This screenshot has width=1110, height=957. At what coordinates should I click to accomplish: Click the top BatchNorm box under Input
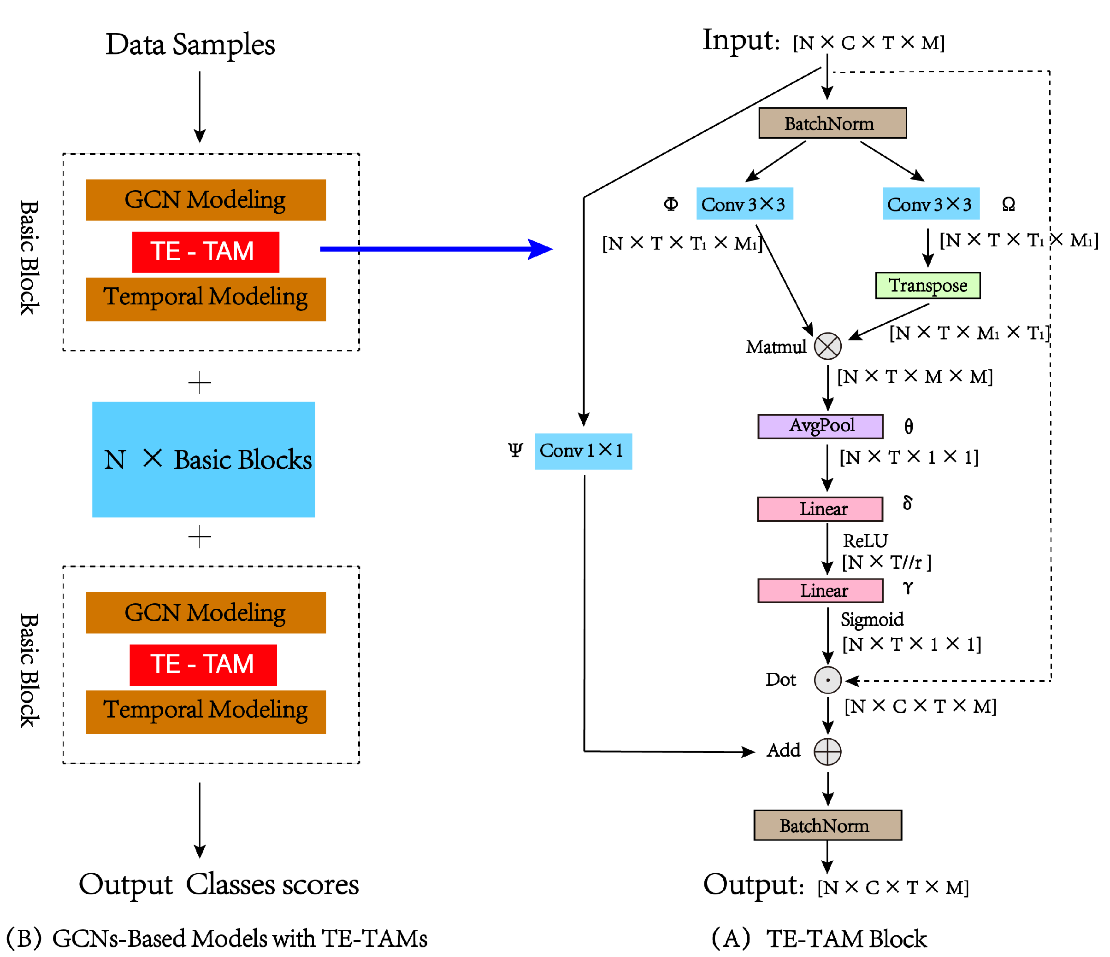832,123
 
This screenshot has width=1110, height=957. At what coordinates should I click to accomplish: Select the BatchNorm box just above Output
828,825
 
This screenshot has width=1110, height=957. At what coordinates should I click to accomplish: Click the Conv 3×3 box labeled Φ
744,204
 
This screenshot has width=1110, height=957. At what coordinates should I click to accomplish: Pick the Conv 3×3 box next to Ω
931,204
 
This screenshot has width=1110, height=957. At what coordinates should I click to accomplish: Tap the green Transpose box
928,285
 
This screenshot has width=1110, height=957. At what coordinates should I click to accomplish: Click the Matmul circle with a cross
828,346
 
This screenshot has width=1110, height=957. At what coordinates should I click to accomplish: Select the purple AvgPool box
820,426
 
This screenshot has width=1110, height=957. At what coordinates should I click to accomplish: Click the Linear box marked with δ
820,508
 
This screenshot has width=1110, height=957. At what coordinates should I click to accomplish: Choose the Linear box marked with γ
820,590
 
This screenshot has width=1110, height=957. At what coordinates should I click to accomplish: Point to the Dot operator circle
828,680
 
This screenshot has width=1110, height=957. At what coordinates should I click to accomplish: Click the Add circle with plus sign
828,752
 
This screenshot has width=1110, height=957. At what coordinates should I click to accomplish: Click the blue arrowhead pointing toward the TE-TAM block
541,249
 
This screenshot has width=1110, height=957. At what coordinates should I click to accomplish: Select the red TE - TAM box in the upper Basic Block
206,252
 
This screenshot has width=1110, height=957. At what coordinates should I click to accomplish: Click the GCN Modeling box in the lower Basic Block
206,613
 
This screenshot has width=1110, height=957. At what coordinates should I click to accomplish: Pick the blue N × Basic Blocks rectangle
204,459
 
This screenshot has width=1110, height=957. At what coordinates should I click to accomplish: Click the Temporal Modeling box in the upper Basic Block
206,299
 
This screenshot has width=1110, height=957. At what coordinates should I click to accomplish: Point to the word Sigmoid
872,619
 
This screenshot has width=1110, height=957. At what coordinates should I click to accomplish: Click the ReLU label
865,541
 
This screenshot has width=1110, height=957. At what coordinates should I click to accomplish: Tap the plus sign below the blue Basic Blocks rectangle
200,537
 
